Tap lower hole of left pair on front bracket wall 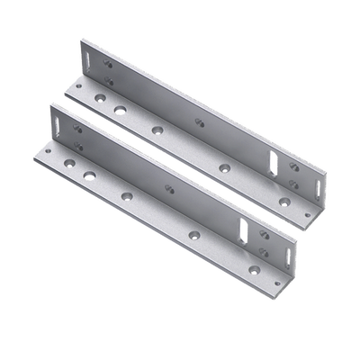(x=78, y=146)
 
